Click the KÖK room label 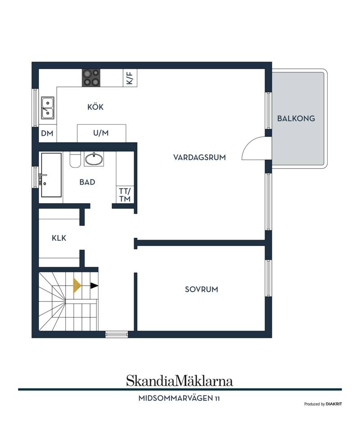(95, 107)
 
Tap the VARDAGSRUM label (199, 158)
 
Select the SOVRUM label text (202, 289)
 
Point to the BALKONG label (296, 118)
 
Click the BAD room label (87, 182)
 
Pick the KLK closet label (59, 238)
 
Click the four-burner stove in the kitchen (91, 78)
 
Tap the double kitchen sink (47, 108)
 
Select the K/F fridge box (130, 78)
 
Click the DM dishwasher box (47, 133)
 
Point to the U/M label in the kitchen (101, 133)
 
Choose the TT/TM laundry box (125, 195)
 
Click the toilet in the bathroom (75, 159)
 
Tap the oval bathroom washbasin (94, 159)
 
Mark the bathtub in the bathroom (51, 175)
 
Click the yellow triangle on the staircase (76, 286)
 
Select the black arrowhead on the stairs (94, 286)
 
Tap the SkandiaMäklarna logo (180, 381)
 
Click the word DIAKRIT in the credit (334, 404)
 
